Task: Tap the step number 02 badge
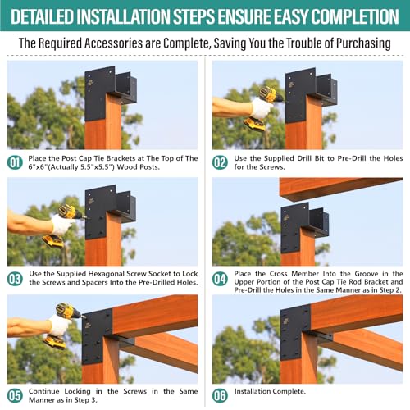click(x=220, y=162)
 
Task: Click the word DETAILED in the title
click(x=53, y=16)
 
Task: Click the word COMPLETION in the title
click(x=348, y=16)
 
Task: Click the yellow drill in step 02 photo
click(x=266, y=107)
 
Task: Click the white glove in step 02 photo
click(x=261, y=107)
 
